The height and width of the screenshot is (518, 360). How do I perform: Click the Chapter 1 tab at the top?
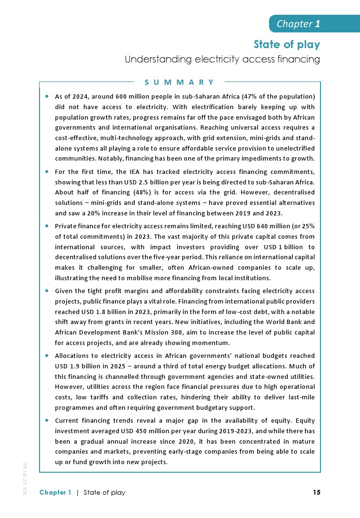point(298,24)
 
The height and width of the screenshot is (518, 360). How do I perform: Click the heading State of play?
point(287,45)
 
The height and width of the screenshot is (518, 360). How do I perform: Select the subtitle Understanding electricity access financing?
point(222,60)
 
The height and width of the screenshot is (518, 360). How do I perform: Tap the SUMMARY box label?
point(180,82)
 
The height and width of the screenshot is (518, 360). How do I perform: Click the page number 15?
point(317,492)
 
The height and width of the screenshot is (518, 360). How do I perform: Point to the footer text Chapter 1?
point(55,492)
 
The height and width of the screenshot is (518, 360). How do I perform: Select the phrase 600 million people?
point(128,96)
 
